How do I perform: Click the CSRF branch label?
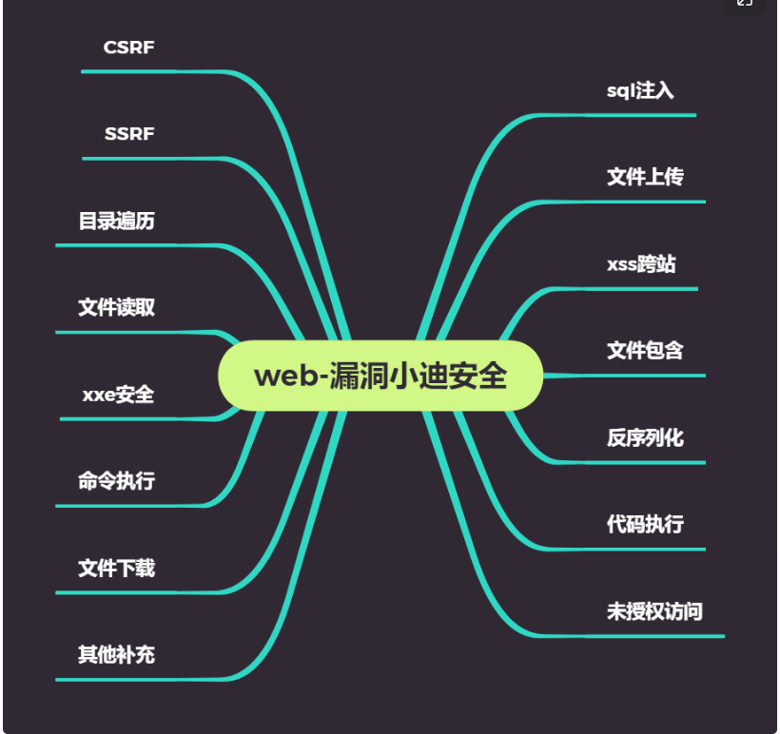pos(128,48)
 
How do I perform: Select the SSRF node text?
pos(129,134)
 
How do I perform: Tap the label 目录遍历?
pos(116,222)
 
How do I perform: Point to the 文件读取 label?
pos(116,308)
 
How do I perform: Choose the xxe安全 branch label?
pos(118,395)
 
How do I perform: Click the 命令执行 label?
pos(116,481)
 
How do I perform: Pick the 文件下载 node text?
pos(116,569)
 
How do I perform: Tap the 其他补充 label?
pos(116,655)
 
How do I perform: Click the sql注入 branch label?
pos(640,91)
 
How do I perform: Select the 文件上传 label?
pos(645,178)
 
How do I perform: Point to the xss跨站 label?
pos(641,264)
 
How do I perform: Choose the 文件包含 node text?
pos(645,351)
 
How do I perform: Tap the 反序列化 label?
pos(645,438)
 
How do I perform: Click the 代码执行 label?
pos(645,525)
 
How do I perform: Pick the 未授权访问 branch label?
pos(654,611)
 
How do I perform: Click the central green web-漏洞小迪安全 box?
pos(380,376)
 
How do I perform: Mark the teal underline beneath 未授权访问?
pos(656,635)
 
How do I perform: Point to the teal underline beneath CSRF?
pos(143,71)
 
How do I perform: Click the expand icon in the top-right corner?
pos(745,4)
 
